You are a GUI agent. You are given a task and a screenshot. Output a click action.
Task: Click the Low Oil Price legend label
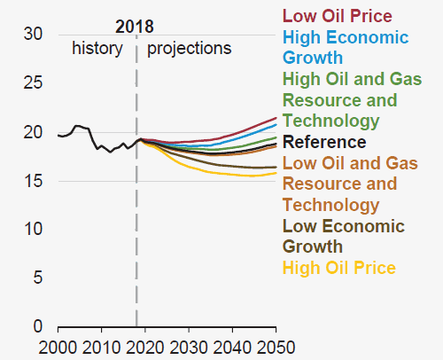(x=338, y=16)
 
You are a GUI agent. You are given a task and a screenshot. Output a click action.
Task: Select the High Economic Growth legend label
(x=346, y=47)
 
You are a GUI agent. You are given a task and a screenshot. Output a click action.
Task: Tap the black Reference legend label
(x=324, y=142)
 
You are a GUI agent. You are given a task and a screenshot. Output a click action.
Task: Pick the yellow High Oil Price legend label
(x=339, y=268)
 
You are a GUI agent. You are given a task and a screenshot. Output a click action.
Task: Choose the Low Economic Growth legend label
(x=344, y=237)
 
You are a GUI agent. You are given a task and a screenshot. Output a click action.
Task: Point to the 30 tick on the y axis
(x=33, y=34)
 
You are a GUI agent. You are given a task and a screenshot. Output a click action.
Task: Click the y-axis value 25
(x=33, y=82)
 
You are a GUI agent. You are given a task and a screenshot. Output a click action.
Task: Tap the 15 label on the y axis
(x=33, y=181)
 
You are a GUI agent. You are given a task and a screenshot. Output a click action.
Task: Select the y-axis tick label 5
(x=38, y=278)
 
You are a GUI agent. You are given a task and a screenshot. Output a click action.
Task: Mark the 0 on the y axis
(x=38, y=326)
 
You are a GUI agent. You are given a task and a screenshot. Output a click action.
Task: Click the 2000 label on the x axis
(x=58, y=348)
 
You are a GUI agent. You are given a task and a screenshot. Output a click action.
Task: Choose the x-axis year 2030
(x=189, y=348)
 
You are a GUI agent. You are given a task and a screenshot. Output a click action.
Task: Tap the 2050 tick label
(x=276, y=348)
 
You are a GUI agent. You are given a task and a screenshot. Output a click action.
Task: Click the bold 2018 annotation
(x=135, y=27)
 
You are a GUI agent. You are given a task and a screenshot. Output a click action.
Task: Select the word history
(x=97, y=49)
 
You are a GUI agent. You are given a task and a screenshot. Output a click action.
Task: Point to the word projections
(x=190, y=49)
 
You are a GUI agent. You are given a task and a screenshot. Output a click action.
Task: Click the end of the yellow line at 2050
(x=276, y=173)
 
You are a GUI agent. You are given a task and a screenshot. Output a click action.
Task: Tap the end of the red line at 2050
(x=276, y=118)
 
